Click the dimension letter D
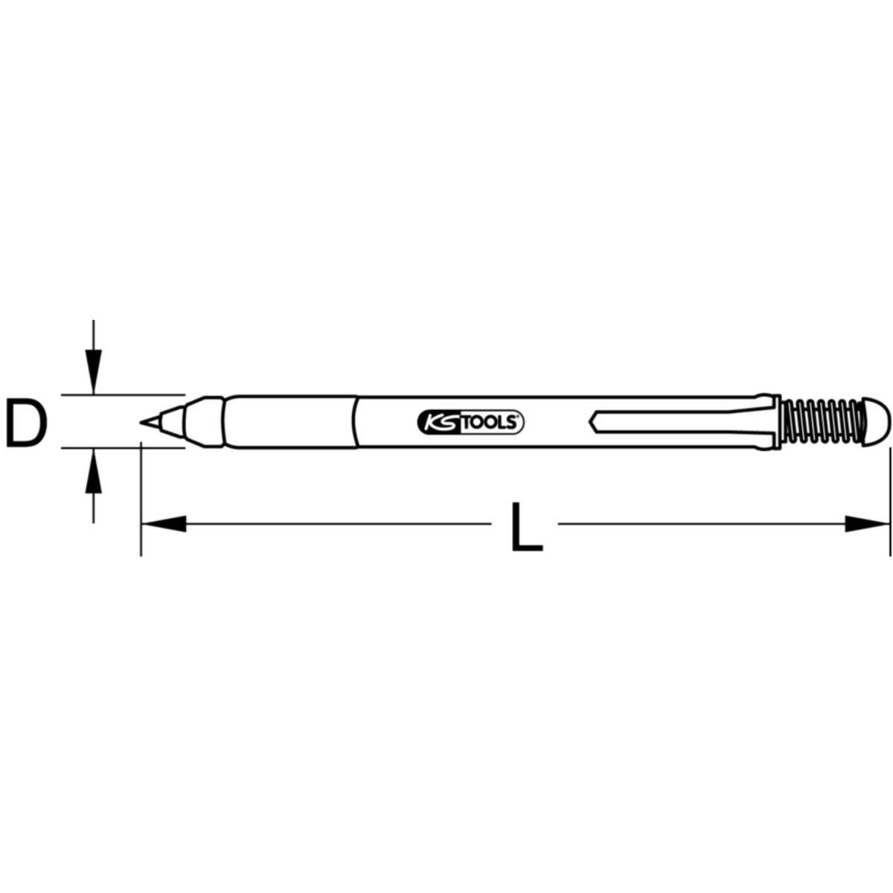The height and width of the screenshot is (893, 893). click(x=26, y=423)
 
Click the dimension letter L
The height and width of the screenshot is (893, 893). click(x=527, y=527)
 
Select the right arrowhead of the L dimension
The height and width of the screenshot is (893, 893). click(x=867, y=524)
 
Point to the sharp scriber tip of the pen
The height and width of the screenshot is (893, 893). click(x=141, y=422)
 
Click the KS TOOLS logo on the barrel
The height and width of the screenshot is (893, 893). click(x=470, y=422)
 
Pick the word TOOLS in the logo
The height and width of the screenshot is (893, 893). click(x=490, y=423)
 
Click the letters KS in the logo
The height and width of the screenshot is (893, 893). click(x=441, y=422)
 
